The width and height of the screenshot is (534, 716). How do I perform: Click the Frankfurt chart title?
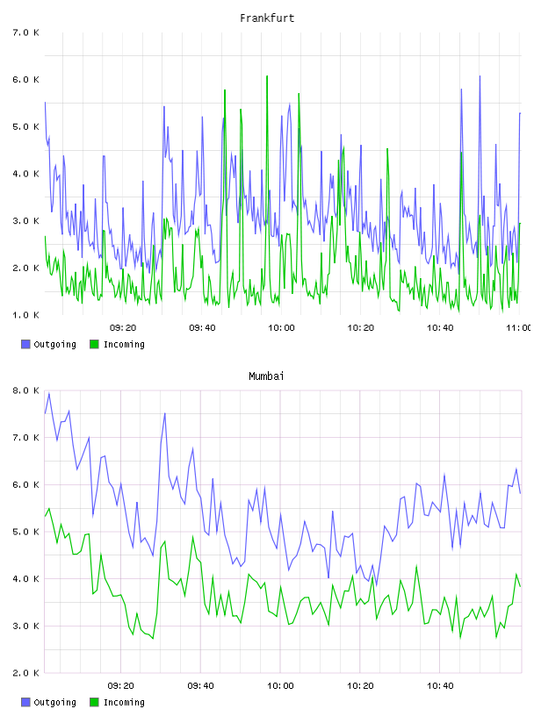click(267, 18)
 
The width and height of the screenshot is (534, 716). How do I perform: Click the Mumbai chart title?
click(266, 376)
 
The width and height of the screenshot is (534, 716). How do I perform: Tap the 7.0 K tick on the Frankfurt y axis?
click(25, 32)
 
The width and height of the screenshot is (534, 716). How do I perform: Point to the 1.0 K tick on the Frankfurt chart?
click(25, 315)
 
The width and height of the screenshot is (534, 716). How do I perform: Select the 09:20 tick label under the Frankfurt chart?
click(123, 327)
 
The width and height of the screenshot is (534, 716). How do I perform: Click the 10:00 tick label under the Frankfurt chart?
click(282, 327)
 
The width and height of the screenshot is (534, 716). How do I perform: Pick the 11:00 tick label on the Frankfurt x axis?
click(519, 327)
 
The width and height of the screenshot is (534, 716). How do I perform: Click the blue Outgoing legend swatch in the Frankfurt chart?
click(25, 344)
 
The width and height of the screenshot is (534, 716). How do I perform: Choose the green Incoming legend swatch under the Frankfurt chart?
click(94, 344)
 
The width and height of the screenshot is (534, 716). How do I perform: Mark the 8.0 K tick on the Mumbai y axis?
click(25, 390)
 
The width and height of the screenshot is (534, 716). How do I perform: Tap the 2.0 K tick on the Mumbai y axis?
click(25, 673)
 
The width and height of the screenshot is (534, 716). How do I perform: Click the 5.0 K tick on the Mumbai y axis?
click(25, 532)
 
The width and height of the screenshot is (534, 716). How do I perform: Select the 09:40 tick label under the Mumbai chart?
click(201, 685)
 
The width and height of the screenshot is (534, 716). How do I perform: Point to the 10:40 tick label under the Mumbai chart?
click(440, 685)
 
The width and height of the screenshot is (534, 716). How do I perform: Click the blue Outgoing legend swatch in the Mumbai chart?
click(25, 702)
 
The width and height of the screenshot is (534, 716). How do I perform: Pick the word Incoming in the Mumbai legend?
click(124, 703)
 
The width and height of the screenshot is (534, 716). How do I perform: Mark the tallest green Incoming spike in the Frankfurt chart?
click(267, 76)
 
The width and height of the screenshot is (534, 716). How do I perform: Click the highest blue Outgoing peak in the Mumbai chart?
click(49, 393)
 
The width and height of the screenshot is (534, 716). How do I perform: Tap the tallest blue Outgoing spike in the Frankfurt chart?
click(480, 76)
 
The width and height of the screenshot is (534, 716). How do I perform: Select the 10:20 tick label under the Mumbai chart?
click(361, 685)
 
